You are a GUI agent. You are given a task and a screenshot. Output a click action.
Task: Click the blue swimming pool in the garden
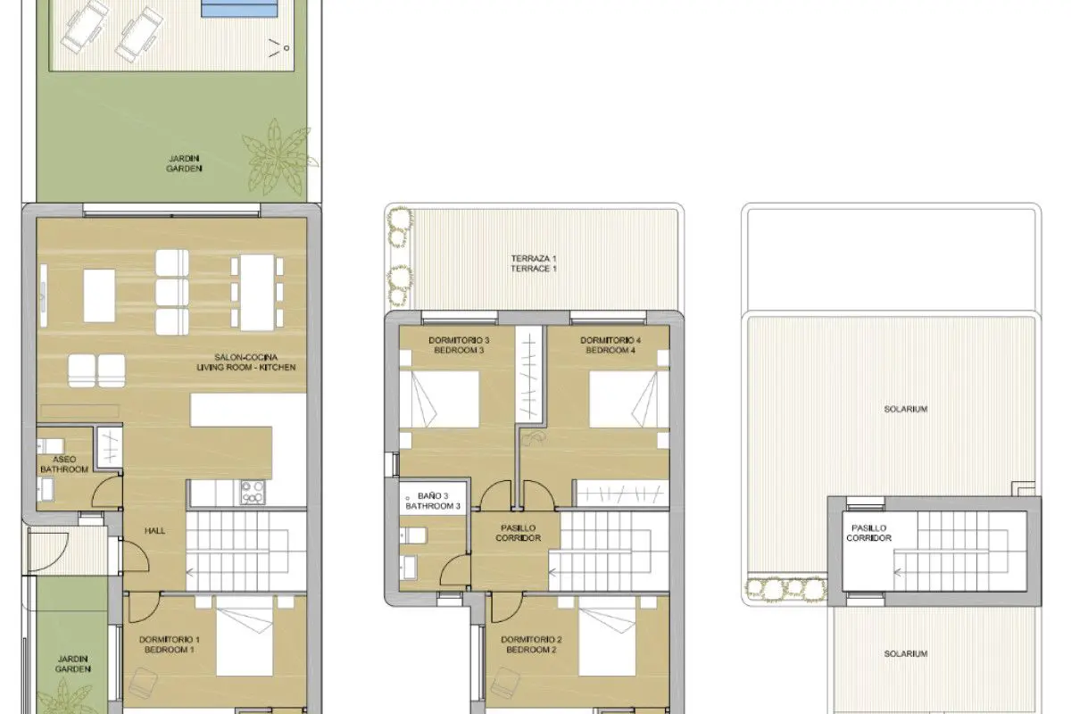pyautogui.click(x=239, y=8)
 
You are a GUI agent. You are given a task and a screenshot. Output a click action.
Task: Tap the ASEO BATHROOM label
pyautogui.click(x=64, y=464)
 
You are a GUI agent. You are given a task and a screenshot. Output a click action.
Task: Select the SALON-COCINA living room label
pyautogui.click(x=245, y=362)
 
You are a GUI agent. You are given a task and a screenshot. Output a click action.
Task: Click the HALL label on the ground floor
pyautogui.click(x=154, y=530)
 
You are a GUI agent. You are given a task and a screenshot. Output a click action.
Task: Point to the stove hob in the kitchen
pyautogui.click(x=253, y=493)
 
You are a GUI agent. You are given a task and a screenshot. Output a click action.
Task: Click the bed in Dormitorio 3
pyautogui.click(x=439, y=399)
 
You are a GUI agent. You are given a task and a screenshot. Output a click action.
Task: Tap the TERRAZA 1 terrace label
pyautogui.click(x=534, y=263)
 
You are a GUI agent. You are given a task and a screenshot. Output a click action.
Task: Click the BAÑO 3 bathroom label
pyautogui.click(x=433, y=502)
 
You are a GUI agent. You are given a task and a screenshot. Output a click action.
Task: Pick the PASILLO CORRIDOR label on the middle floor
pyautogui.click(x=519, y=533)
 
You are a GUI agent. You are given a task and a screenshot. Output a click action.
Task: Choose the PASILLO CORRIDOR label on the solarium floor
pyautogui.click(x=868, y=533)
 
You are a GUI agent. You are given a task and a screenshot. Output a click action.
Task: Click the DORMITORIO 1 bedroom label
pyautogui.click(x=170, y=644)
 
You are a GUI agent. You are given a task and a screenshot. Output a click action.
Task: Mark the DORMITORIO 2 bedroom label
pyautogui.click(x=531, y=644)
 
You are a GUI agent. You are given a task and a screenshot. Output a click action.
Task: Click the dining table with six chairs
pyautogui.click(x=257, y=293)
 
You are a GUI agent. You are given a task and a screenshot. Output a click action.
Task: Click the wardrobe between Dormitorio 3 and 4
pyautogui.click(x=528, y=374)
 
